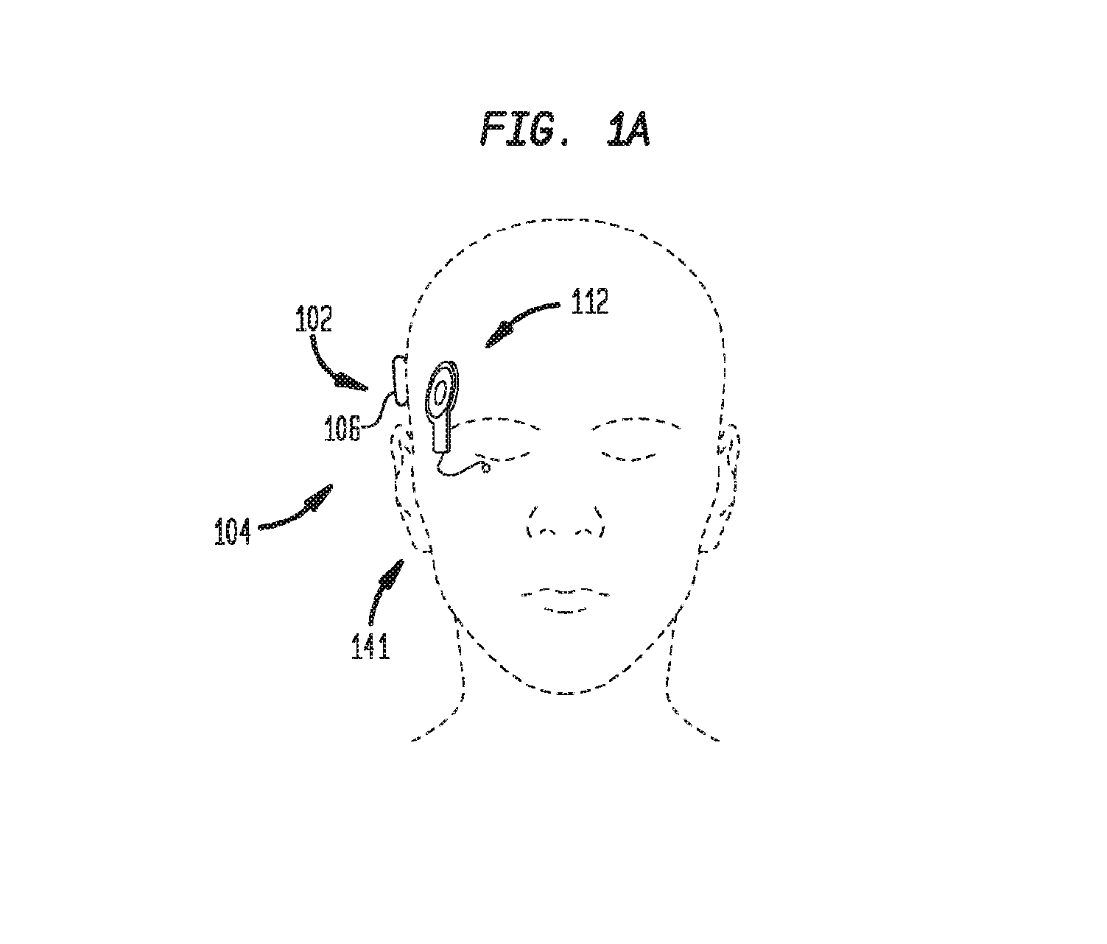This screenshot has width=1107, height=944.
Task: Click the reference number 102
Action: [x=314, y=319]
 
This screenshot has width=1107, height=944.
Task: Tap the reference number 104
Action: [x=233, y=532]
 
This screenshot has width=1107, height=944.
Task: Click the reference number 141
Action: [x=370, y=646]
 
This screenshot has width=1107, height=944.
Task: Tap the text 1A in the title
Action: [x=628, y=129]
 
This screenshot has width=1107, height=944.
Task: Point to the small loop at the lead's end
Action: [x=486, y=469]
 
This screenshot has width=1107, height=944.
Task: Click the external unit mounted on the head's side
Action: [x=400, y=380]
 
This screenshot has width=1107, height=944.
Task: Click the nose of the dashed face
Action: [x=566, y=522]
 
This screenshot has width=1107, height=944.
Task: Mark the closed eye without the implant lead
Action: [x=635, y=439]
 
